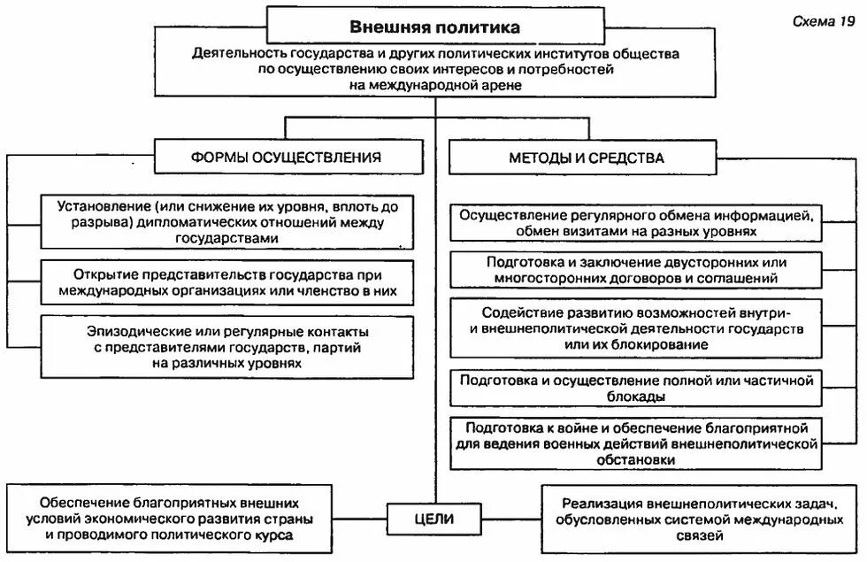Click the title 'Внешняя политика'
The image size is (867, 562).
(434, 27)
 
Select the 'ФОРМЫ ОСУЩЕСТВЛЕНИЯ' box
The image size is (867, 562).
(286, 158)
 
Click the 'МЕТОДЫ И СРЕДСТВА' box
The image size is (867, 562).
(587, 158)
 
